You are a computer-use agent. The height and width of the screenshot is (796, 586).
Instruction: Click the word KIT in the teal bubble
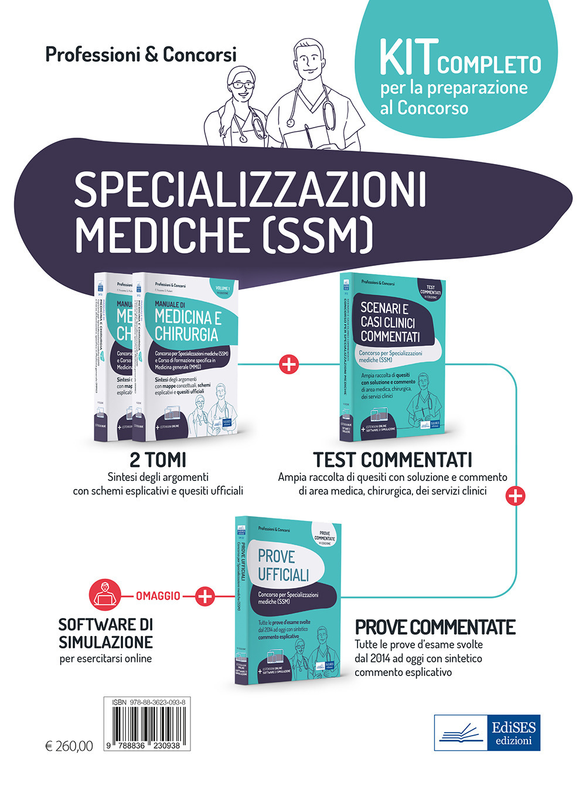pyautogui.click(x=407, y=59)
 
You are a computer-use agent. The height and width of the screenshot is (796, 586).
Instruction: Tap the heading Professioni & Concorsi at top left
pyautogui.click(x=141, y=54)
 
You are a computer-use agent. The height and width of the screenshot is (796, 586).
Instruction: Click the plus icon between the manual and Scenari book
pyautogui.click(x=289, y=364)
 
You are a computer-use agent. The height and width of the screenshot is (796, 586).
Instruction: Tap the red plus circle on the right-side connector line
pyautogui.click(x=515, y=496)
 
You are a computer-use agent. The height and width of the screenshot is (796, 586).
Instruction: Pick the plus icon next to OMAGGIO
pyautogui.click(x=205, y=596)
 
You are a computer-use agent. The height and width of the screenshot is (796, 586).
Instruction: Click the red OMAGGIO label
pyautogui.click(x=158, y=596)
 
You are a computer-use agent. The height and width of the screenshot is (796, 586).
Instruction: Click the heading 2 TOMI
pyautogui.click(x=158, y=460)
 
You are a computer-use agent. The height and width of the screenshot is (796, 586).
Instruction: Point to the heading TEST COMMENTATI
pyautogui.click(x=392, y=460)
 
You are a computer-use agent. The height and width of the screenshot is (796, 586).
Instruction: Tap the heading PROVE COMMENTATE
pyautogui.click(x=435, y=627)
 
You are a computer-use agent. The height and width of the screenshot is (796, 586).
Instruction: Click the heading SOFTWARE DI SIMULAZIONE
pyautogui.click(x=105, y=633)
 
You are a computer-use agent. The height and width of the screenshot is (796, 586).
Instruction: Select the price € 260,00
pyautogui.click(x=69, y=746)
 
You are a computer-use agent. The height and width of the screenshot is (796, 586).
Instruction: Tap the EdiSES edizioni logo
pyautogui.click(x=487, y=732)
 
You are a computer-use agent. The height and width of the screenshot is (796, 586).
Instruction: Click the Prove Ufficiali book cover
pyautogui.click(x=287, y=597)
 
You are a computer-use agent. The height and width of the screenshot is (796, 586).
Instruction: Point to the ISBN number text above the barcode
pyautogui.click(x=146, y=702)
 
